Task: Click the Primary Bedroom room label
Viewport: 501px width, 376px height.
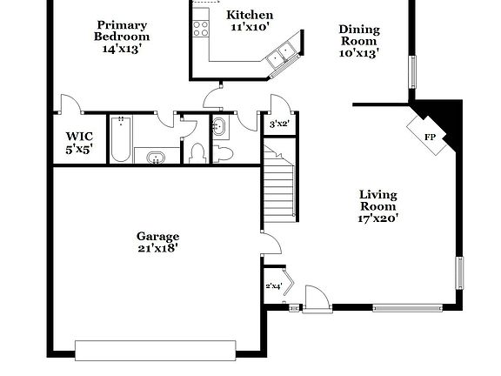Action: tap(122, 37)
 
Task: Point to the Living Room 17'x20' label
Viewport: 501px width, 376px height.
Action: tap(378, 206)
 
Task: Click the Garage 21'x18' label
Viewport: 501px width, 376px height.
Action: tap(157, 242)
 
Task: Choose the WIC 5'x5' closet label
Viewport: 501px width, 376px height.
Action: tap(79, 143)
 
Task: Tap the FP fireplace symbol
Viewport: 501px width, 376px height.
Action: tap(429, 138)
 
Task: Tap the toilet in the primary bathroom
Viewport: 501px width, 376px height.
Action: tap(197, 153)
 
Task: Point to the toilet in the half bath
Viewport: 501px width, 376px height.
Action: tap(224, 153)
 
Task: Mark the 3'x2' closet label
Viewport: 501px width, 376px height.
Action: tap(277, 124)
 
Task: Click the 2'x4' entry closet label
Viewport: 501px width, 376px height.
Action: tap(273, 285)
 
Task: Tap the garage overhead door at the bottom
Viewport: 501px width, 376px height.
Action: tap(156, 350)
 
